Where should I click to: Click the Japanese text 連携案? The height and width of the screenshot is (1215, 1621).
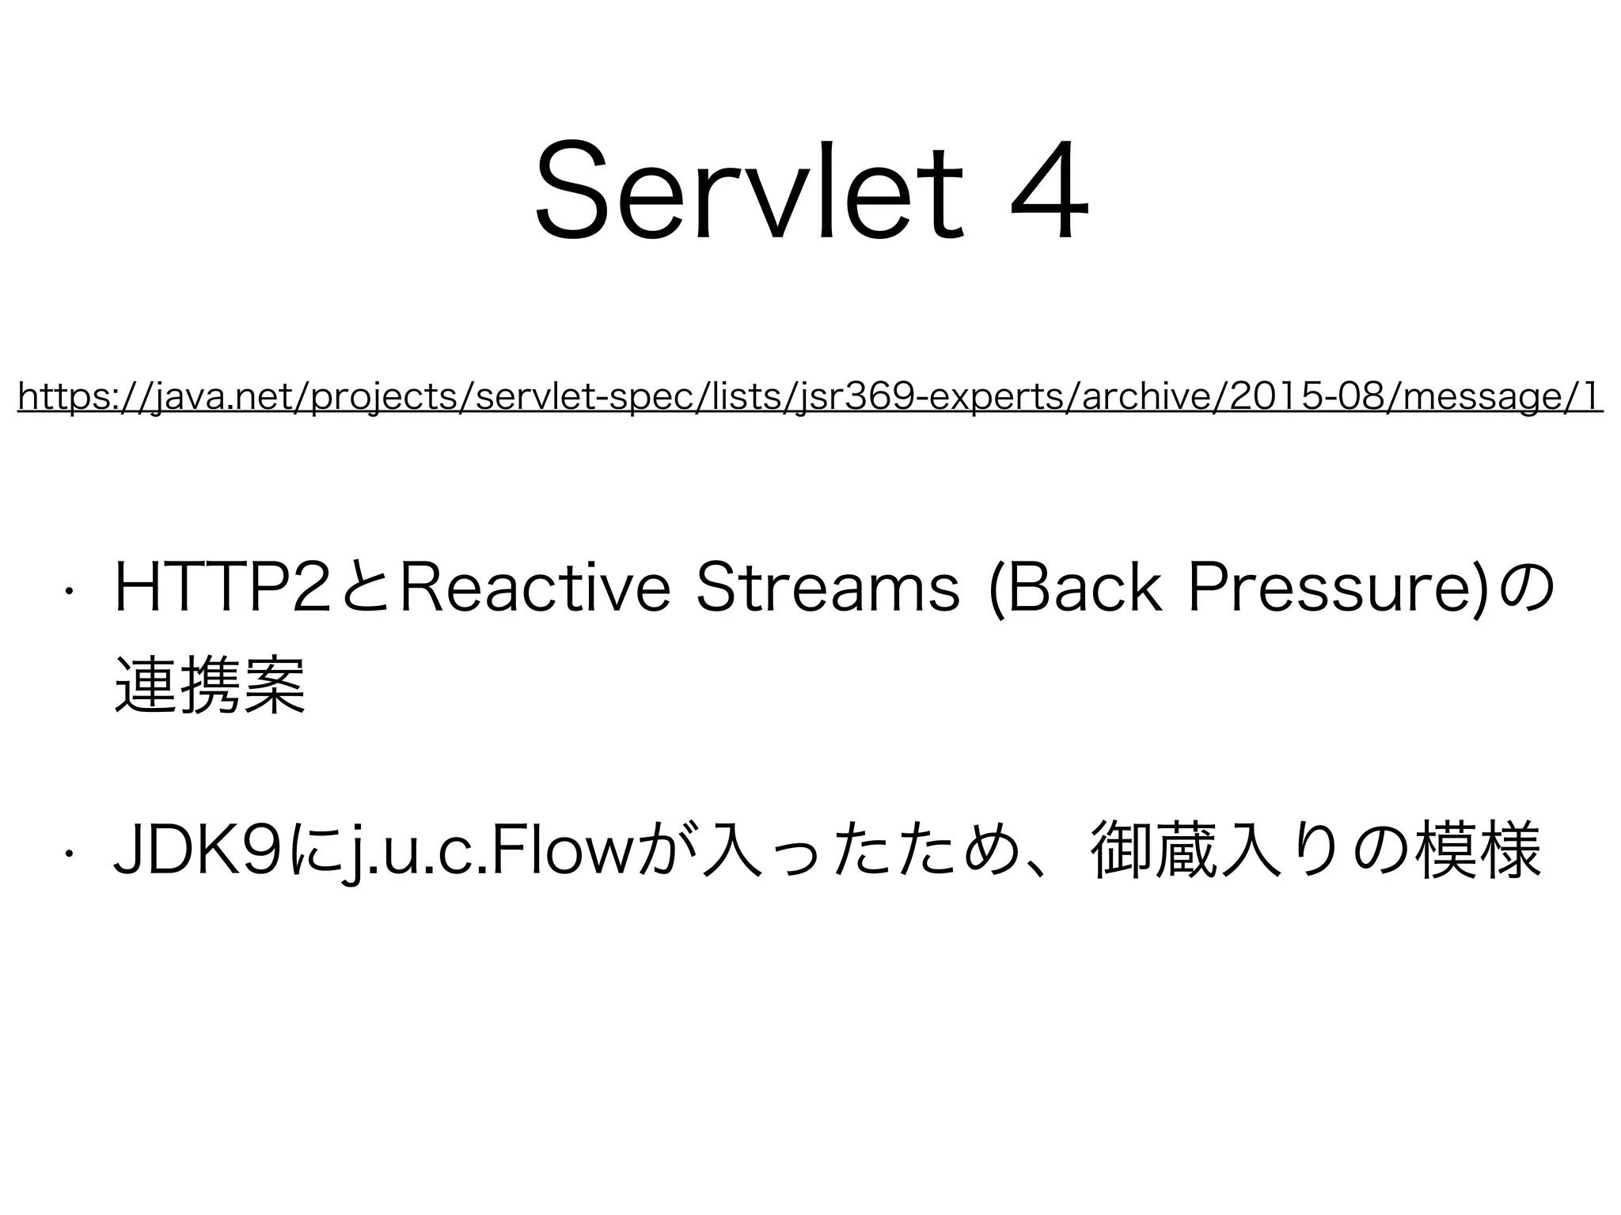[x=210, y=686]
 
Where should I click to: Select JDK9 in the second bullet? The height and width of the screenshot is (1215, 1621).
[x=203, y=852]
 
